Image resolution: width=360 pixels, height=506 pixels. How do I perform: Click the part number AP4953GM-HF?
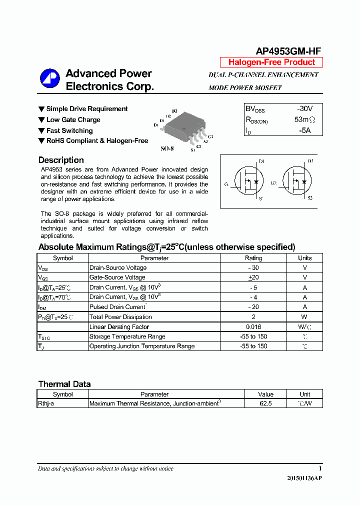[x=288, y=51]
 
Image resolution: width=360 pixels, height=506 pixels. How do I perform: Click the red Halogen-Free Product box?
[x=271, y=62]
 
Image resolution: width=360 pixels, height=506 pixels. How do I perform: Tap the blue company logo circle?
[x=49, y=79]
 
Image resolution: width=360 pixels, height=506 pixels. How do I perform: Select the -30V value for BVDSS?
[x=304, y=108]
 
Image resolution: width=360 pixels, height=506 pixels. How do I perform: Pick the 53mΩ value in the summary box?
[x=304, y=120]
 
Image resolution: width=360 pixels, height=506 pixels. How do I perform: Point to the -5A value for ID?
[x=304, y=130]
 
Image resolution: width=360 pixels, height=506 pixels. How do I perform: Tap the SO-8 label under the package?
[x=167, y=149]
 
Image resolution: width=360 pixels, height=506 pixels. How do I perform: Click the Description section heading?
[x=61, y=160]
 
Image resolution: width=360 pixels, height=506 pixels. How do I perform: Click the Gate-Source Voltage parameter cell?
[x=117, y=277]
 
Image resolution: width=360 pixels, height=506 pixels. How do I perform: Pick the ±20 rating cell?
[x=253, y=277]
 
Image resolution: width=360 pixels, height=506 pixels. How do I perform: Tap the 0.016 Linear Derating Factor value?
[x=253, y=326]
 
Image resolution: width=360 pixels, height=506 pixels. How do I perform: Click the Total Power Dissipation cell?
[x=120, y=317]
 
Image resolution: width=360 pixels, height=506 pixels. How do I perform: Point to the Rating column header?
[x=253, y=258]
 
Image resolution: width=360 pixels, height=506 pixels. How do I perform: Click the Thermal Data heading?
[x=64, y=384]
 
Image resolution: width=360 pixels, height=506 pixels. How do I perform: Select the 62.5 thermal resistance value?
[x=265, y=403]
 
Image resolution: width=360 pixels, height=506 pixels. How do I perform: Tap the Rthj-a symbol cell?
[x=46, y=403]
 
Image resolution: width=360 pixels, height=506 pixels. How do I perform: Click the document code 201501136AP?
[x=304, y=478]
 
